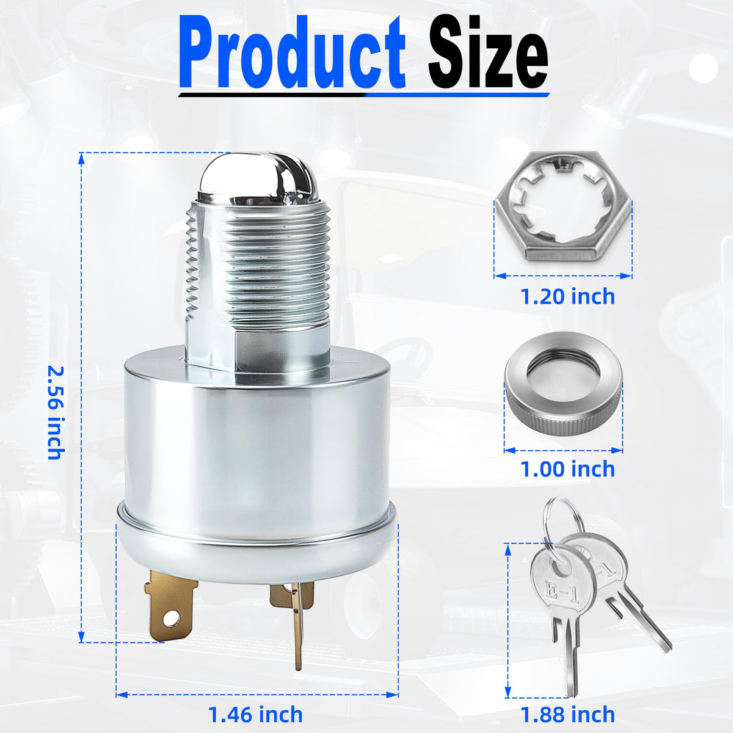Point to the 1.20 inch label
click(x=567, y=297)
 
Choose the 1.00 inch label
click(x=567, y=469)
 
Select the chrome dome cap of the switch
click(x=258, y=179)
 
